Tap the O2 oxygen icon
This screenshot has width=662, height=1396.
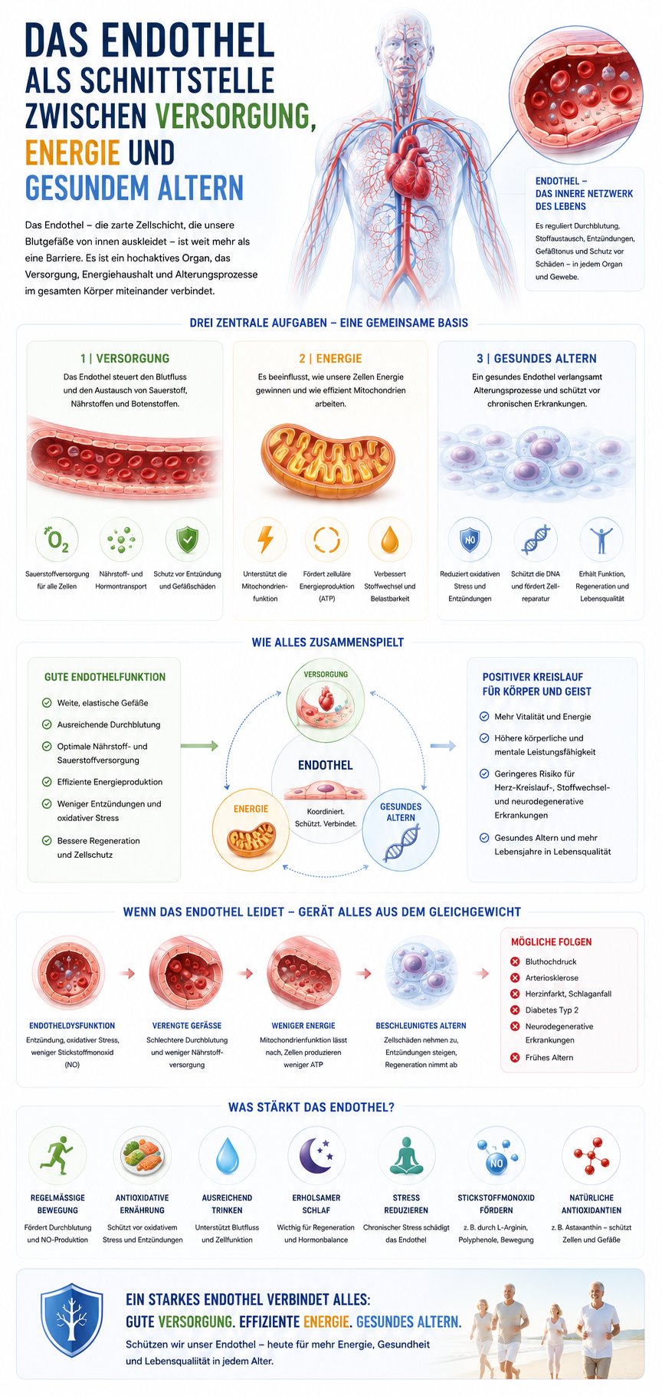point(57,540)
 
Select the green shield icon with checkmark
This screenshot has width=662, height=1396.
point(187,539)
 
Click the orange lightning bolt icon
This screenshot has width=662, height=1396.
point(266,539)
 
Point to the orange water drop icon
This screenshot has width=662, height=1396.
point(390,539)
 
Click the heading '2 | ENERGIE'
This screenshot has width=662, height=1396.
point(330,358)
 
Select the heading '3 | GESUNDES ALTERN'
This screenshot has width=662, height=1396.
point(536,358)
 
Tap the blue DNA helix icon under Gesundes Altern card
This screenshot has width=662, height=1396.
point(536,539)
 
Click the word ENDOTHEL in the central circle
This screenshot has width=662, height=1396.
point(326,765)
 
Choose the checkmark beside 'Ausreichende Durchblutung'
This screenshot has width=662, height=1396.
point(47,724)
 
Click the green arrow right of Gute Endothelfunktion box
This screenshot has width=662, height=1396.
point(199,746)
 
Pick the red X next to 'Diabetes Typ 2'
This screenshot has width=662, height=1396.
point(516,1010)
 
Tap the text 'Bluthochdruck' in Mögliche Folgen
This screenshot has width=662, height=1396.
point(551,962)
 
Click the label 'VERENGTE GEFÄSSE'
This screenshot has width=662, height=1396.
point(187,1026)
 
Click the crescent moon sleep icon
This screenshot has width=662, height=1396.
point(316,1155)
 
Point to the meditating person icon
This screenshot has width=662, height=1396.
point(406,1155)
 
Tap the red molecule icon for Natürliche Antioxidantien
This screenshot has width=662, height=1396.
point(591,1155)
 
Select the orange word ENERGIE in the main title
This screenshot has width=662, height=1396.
point(73,153)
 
